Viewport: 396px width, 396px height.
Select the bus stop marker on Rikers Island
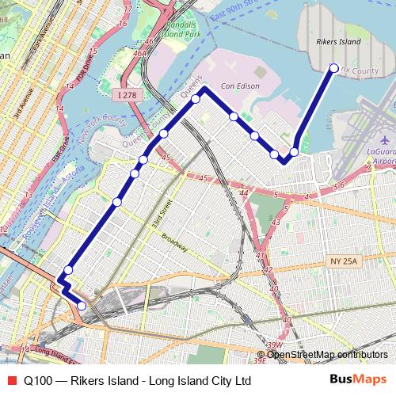(333, 68)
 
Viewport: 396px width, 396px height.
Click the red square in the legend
(11, 380)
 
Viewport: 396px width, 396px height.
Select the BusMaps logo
(359, 380)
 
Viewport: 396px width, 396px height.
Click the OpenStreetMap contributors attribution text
(327, 354)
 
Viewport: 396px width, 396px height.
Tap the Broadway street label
(174, 242)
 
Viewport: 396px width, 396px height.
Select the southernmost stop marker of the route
(82, 306)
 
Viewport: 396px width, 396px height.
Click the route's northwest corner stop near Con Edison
(195, 99)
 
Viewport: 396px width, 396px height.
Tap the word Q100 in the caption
(38, 380)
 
